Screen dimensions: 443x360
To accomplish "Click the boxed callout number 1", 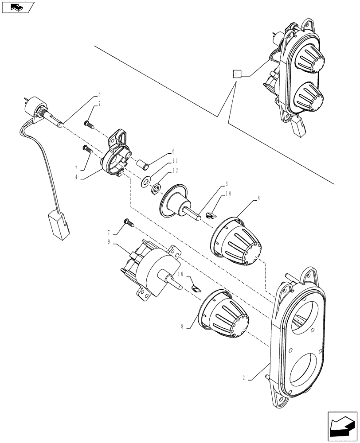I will point(237,74).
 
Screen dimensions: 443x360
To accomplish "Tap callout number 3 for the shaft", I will point(214,183).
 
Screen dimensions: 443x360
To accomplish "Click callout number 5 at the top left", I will point(99,94).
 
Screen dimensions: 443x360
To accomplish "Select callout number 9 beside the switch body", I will point(109,242).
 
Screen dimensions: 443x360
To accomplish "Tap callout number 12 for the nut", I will point(176,171).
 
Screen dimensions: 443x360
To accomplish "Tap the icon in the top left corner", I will point(18,7).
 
